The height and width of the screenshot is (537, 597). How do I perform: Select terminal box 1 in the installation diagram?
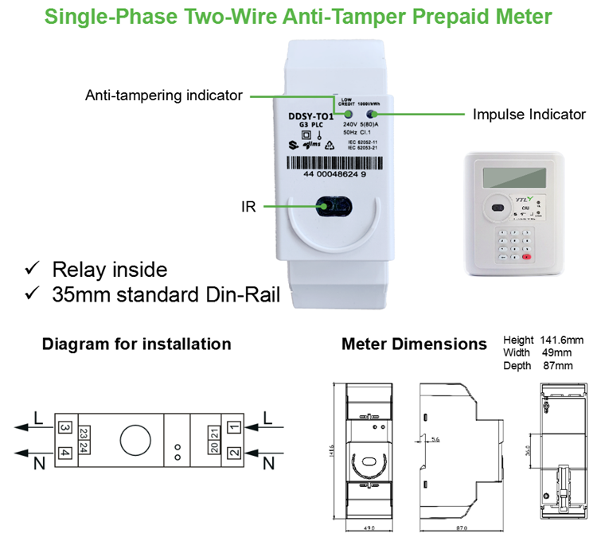coord(233,428)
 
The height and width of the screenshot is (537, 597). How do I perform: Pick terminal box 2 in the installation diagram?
coord(233,453)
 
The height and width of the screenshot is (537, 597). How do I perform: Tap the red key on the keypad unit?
coord(525,258)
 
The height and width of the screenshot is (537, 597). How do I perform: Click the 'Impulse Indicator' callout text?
coord(529,114)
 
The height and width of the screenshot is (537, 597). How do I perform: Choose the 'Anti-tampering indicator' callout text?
coord(164,95)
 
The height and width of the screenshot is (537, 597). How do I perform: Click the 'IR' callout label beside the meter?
coord(248,207)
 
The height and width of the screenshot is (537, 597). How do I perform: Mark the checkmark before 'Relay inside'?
coord(33,268)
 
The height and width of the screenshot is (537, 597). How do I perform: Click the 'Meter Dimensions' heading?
coord(414,344)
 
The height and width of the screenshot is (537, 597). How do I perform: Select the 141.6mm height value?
coord(562,338)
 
